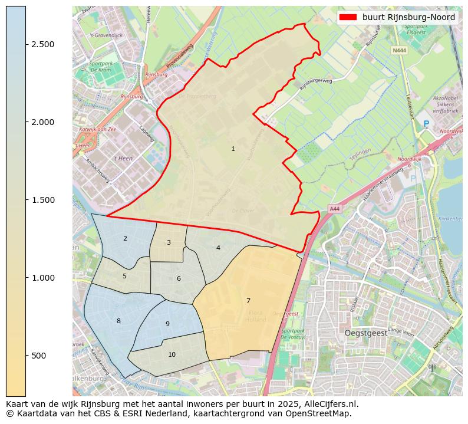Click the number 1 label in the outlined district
coord(233,149)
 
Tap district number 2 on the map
coord(125,239)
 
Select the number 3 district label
coord(169,243)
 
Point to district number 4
coord(218,248)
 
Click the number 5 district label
coord(124,277)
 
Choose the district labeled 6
coord(179,279)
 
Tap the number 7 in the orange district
coord(248,301)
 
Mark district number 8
coord(118,321)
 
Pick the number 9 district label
coord(167,324)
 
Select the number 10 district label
coord(172,355)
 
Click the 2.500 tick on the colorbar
coord(43,45)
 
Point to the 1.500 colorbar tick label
coord(43,200)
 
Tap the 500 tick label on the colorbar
coord(39,356)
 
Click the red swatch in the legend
coord(349,18)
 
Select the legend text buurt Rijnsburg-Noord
coord(408,18)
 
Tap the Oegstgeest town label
coord(365,333)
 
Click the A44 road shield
coord(334,209)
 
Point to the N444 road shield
coord(398,51)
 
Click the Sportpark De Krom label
coord(101,67)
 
